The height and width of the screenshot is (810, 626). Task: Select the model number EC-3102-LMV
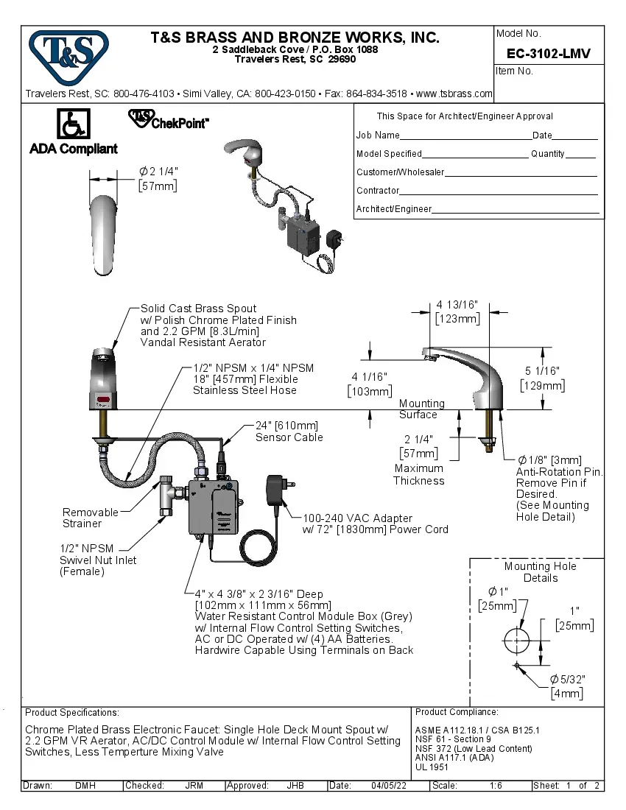[x=549, y=54]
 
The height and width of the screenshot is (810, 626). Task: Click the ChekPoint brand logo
[x=169, y=120]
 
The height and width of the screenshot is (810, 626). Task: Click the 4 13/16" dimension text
[x=457, y=305]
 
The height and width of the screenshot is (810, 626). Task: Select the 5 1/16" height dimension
[x=543, y=372]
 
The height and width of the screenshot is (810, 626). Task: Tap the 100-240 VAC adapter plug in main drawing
[x=278, y=490]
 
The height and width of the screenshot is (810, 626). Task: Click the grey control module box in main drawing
[x=213, y=507]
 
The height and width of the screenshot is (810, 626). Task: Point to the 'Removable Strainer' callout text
[x=90, y=518]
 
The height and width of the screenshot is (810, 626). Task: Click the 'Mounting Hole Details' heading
[x=540, y=572]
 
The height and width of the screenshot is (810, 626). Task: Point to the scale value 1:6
[x=496, y=786]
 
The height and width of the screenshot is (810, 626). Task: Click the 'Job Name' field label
[x=378, y=135]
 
